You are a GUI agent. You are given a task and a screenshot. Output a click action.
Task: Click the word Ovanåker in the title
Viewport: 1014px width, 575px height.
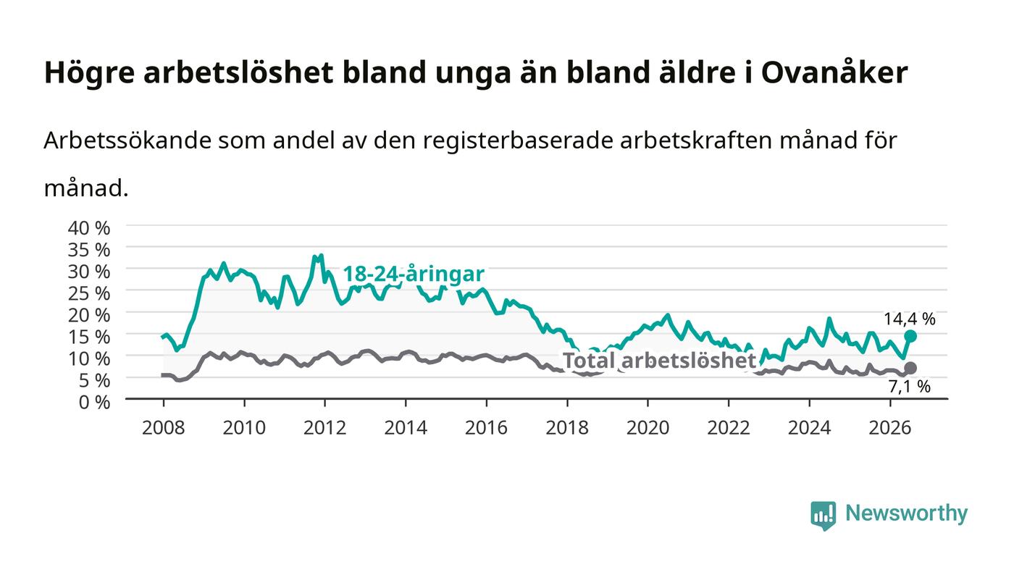[x=834, y=72]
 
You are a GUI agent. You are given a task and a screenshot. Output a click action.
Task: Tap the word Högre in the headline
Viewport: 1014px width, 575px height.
[x=89, y=73]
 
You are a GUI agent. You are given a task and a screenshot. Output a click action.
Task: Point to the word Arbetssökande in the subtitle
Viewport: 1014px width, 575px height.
[x=127, y=140]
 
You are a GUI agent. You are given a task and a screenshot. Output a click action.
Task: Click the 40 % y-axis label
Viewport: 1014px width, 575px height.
[x=88, y=227]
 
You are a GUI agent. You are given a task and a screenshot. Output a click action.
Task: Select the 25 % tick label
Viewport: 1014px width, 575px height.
[x=88, y=293]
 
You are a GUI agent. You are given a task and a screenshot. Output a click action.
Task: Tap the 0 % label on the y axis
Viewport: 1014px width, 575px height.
[x=94, y=402]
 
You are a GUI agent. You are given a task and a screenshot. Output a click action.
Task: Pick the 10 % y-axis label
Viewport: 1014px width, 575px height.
[x=88, y=358]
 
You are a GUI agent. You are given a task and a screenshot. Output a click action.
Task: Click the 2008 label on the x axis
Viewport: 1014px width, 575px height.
[x=164, y=427]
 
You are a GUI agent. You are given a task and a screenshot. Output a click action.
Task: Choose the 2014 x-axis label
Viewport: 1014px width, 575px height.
[x=406, y=427]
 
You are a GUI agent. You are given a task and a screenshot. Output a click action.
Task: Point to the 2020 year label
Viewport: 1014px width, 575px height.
[x=648, y=427]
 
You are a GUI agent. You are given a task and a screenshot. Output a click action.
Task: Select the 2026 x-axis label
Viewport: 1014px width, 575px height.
[x=890, y=427]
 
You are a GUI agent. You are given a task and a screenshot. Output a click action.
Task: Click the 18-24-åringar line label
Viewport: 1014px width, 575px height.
[x=414, y=274]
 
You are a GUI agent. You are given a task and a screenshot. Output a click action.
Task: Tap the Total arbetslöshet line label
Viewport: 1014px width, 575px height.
[x=659, y=361]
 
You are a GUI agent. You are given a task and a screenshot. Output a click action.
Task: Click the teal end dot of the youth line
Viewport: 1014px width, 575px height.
[x=910, y=336]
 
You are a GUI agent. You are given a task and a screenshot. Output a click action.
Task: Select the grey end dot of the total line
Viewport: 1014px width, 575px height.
[x=910, y=368]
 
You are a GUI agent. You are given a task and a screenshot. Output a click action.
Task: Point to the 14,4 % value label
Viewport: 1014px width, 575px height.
[x=910, y=319]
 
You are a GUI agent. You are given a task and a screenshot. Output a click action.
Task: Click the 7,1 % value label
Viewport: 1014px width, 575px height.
[x=910, y=386]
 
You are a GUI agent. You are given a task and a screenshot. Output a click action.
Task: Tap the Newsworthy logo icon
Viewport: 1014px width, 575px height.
[x=823, y=515]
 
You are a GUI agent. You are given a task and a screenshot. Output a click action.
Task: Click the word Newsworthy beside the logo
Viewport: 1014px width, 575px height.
[x=906, y=513]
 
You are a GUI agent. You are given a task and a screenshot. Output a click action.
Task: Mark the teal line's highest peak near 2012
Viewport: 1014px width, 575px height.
[x=321, y=256]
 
